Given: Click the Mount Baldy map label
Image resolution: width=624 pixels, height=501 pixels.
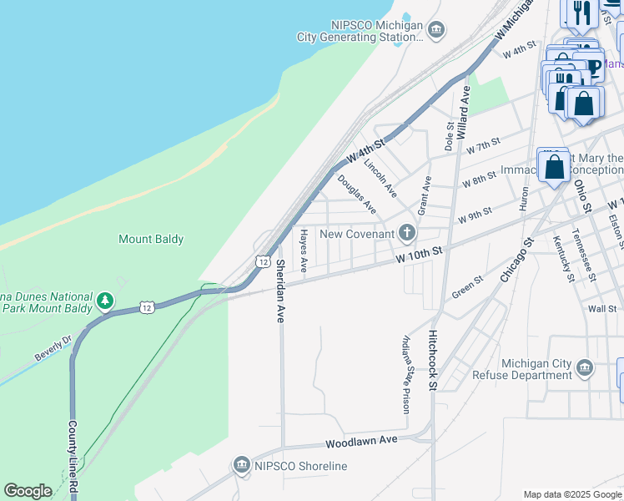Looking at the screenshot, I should click(x=151, y=239).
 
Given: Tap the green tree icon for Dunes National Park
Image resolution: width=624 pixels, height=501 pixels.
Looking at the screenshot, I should click(x=105, y=300).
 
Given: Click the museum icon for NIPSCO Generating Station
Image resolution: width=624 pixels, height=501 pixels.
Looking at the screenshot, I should click(x=435, y=31).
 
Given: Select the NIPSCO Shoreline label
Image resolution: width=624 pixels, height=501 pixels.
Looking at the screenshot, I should click(x=300, y=465).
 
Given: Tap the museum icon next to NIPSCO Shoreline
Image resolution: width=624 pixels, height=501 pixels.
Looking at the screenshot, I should click(x=242, y=464).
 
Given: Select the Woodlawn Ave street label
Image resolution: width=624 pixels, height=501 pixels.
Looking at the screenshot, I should click(x=362, y=440).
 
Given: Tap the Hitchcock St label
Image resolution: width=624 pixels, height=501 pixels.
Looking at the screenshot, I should click(x=432, y=359).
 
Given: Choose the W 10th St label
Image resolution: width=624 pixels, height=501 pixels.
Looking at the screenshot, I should click(x=418, y=254).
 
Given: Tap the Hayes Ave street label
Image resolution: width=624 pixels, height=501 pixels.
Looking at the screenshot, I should click(x=304, y=250).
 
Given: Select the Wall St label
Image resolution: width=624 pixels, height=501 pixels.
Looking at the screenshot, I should click(x=601, y=309).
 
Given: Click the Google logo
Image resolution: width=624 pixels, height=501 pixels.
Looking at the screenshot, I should click(x=28, y=491).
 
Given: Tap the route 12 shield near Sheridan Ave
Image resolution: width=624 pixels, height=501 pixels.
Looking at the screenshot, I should click(x=263, y=262).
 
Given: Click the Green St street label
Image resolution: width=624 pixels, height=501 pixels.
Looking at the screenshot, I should click(x=467, y=287).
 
